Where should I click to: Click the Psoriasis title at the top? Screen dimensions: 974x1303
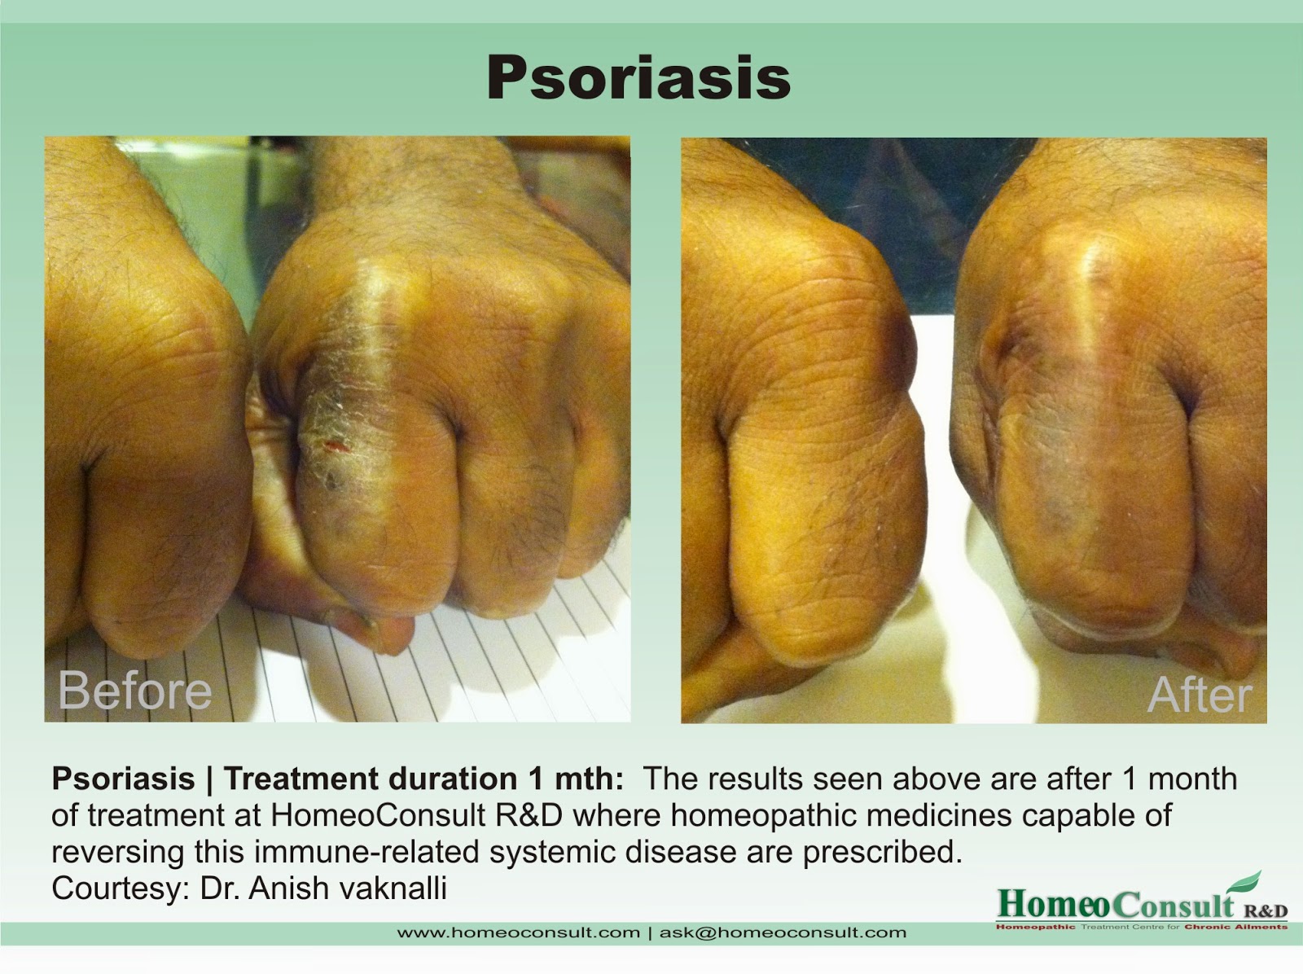click(638, 79)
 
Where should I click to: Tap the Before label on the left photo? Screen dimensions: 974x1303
click(135, 691)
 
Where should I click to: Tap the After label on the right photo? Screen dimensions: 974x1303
click(1200, 695)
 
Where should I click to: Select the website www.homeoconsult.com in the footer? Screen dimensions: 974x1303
click(518, 932)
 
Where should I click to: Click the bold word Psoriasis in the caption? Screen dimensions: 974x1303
click(123, 779)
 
